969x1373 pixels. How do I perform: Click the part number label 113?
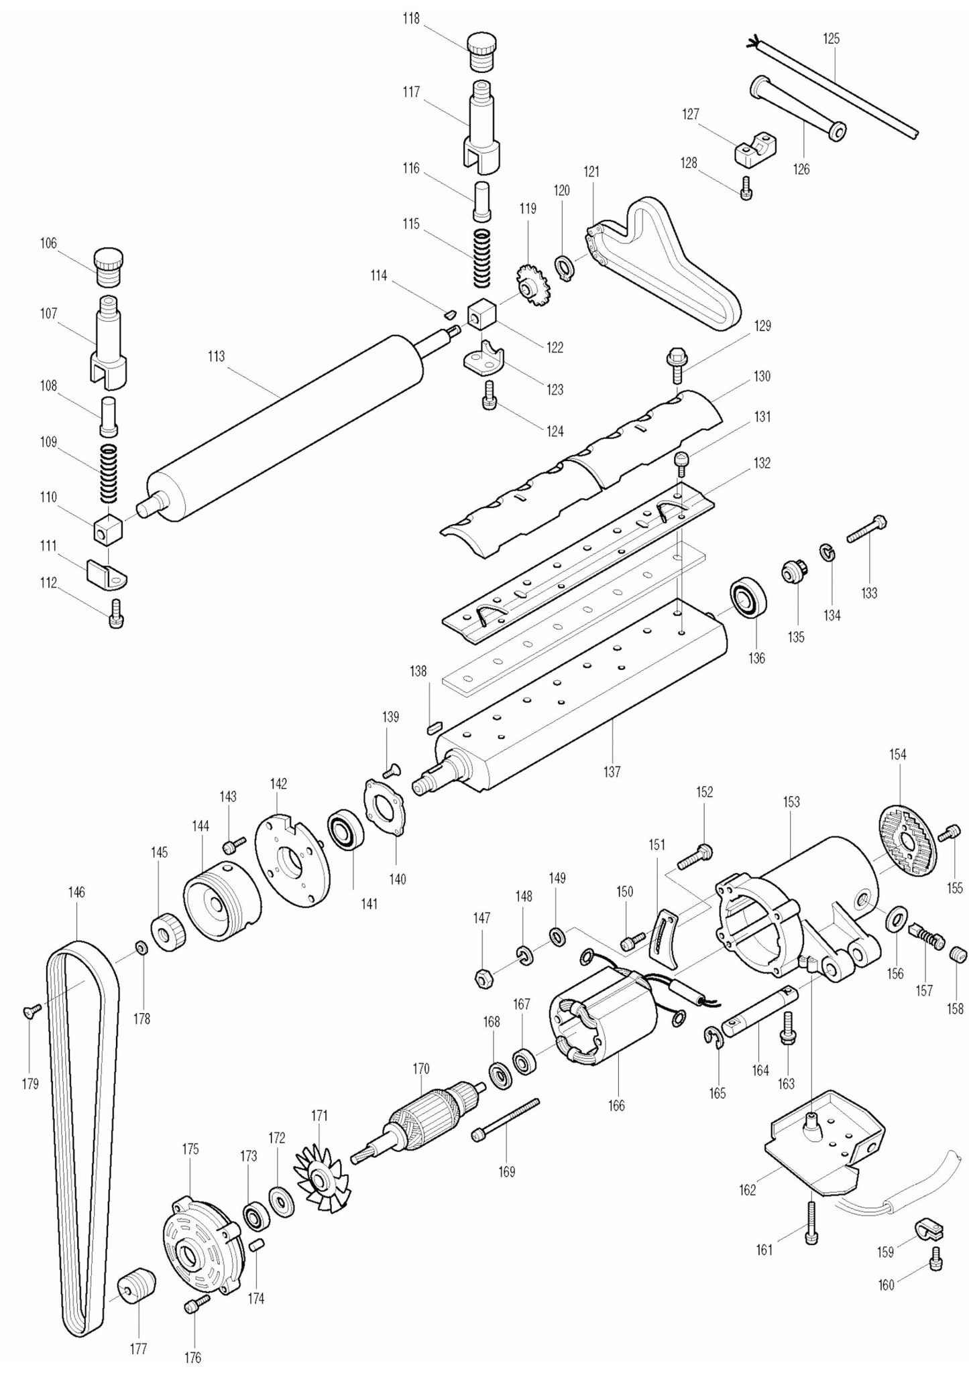216,356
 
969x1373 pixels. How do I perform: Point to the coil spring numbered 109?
109,473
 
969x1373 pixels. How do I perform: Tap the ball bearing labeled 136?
746,599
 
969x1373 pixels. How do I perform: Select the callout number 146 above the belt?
76,893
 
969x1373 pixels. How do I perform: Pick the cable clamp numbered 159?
929,1230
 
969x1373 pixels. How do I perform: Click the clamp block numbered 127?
756,149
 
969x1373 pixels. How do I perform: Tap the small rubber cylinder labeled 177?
137,1287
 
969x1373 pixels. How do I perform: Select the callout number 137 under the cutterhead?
612,771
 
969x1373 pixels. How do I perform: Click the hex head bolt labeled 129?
676,363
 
